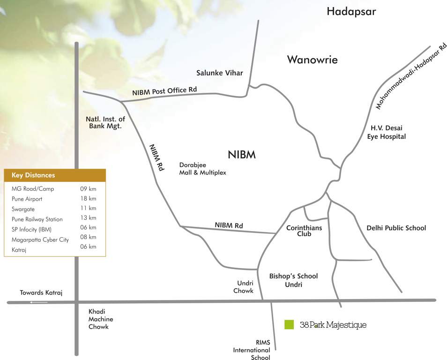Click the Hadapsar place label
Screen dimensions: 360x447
pos(351,12)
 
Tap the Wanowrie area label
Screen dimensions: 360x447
pos(312,60)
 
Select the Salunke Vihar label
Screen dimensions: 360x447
pos(219,73)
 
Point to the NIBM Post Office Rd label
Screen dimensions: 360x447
pos(164,91)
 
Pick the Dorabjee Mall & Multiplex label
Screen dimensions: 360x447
pos(202,169)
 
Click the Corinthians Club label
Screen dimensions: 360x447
pos(304,231)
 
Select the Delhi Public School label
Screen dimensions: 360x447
pos(396,228)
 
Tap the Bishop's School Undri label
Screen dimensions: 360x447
pos(293,280)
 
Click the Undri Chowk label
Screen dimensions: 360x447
pos(243,287)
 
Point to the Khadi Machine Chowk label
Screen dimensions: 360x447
pos(101,319)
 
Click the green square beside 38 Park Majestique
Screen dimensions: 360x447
pos(289,324)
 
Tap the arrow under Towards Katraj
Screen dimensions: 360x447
pos(38,302)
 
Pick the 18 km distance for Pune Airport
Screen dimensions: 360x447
pos(88,199)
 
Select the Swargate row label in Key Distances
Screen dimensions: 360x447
pos(23,209)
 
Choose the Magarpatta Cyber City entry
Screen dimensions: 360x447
pos(40,240)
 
